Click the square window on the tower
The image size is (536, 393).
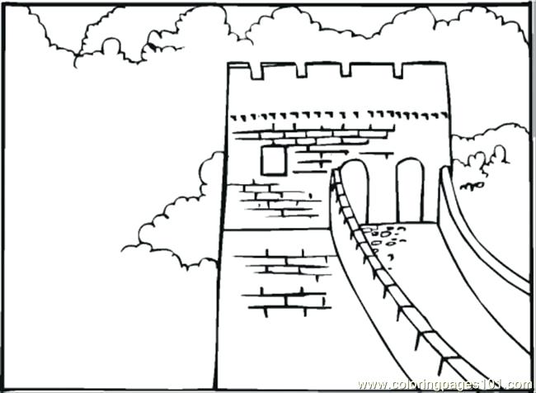[273, 159]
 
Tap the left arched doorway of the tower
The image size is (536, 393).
[355, 192]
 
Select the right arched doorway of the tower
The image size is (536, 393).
[409, 192]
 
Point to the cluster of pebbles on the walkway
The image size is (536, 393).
[381, 239]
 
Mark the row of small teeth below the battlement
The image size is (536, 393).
[338, 115]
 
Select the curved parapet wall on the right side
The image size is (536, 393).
[482, 239]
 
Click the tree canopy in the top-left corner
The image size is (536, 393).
[74, 33]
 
